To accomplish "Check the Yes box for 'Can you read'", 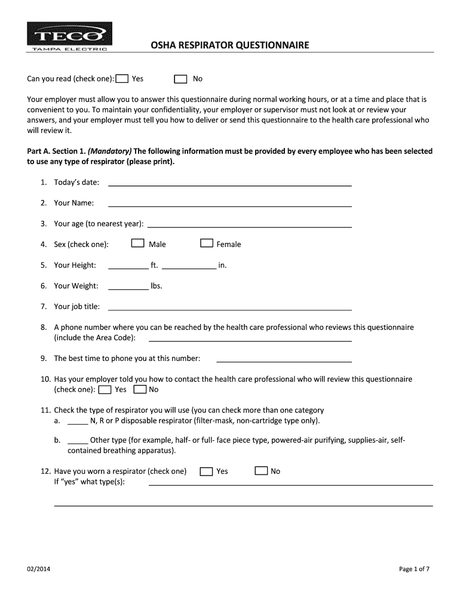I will [122, 79].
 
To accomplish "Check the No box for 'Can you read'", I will [180, 79].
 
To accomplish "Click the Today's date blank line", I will [229, 183].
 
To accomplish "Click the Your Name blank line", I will [229, 203].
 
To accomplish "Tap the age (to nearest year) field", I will [249, 224].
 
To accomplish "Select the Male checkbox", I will [138, 243].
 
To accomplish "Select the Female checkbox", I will [207, 243].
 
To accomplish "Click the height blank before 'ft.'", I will [128, 266].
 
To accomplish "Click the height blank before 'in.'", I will [189, 266].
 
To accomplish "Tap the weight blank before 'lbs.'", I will [128, 286].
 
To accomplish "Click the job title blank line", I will [229, 307].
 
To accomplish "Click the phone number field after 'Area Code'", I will [250, 338].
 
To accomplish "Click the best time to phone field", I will [284, 359].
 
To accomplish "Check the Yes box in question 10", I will [105, 390].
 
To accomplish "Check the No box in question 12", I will [261, 471].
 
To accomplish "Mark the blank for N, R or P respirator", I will [78, 421].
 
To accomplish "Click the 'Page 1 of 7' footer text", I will [414, 569].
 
